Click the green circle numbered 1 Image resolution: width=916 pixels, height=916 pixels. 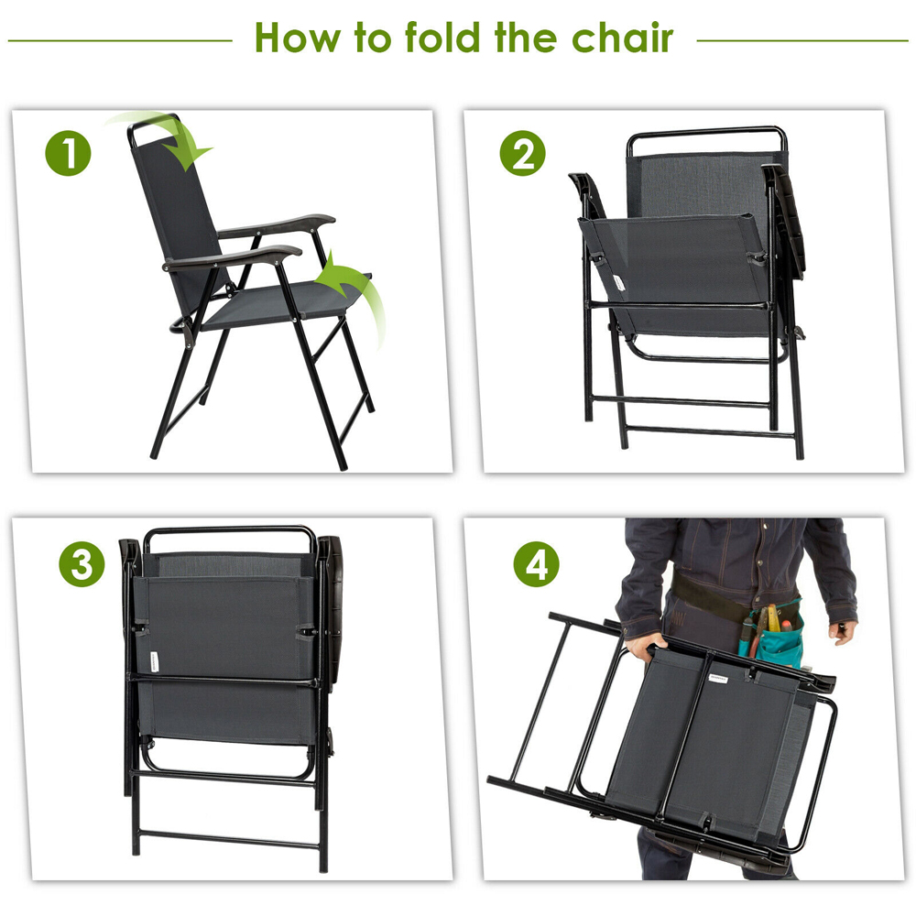(68, 153)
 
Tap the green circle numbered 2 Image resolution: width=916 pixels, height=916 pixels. (522, 153)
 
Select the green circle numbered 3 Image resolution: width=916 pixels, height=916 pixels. (82, 564)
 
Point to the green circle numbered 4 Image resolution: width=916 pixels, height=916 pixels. (536, 564)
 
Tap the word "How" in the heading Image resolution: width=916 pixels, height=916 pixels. (298, 38)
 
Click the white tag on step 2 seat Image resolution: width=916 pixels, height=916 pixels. (618, 283)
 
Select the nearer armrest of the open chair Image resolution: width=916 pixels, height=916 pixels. (233, 257)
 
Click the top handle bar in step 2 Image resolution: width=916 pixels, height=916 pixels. (706, 131)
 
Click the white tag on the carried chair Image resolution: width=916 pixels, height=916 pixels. (717, 678)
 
